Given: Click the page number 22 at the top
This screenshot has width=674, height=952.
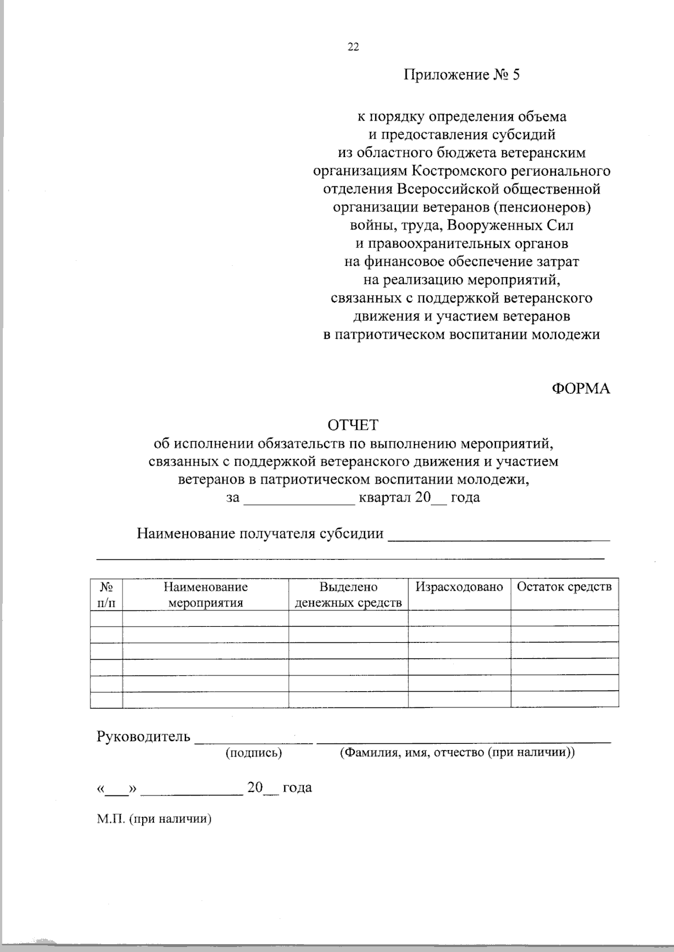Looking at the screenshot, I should pos(353,47).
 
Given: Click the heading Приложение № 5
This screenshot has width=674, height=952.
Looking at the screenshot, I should pos(462,75).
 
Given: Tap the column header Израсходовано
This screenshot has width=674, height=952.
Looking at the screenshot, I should pos(459,587).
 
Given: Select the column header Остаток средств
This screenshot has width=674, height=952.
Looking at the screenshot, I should pos(564,587).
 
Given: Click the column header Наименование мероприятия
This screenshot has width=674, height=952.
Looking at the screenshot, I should pos(206,595).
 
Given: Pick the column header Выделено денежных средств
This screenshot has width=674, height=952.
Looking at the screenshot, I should pos(348,595).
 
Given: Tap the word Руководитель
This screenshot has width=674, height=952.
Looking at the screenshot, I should pos(144,737).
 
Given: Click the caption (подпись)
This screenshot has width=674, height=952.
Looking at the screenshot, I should pos(253,753).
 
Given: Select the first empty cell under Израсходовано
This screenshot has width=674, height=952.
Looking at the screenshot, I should pos(459,618).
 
